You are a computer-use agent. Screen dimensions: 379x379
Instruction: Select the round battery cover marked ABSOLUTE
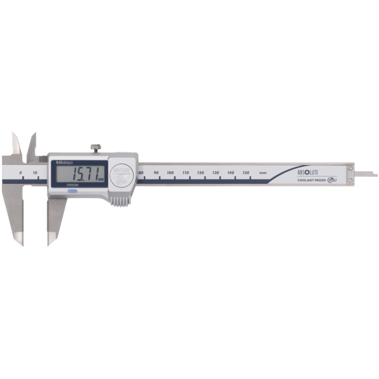tap(121, 174)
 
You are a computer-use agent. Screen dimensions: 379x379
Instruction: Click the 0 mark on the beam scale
tap(21, 173)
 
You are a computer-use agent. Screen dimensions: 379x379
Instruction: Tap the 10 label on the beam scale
tap(36, 173)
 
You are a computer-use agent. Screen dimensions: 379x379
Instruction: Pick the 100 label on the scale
tap(171, 173)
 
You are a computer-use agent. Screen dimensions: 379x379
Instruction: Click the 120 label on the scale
tap(200, 173)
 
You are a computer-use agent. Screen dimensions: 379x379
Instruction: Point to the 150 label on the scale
tap(245, 173)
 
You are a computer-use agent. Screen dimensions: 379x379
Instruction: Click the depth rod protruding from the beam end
tap(367, 173)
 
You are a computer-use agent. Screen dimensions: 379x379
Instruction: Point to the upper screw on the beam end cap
tap(350, 168)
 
